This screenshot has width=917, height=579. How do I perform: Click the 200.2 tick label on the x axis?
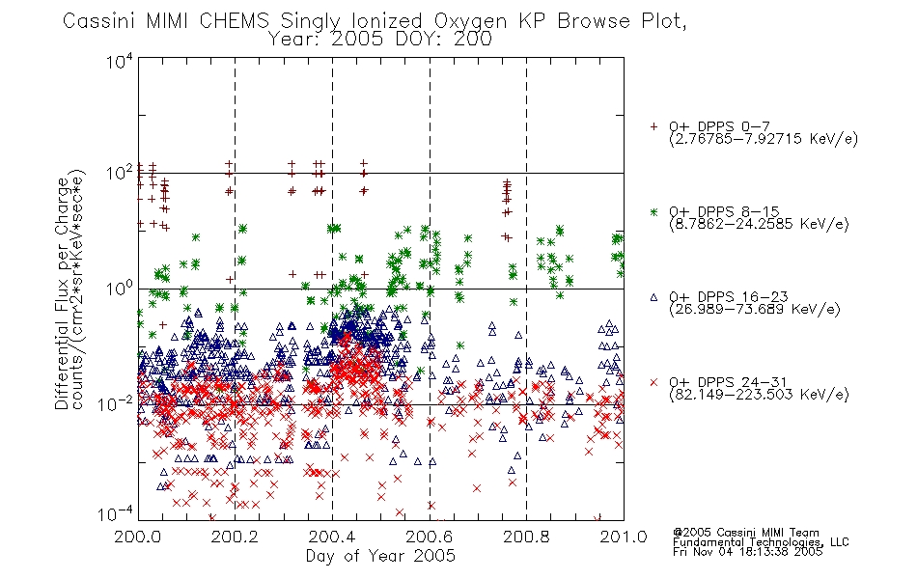(235, 537)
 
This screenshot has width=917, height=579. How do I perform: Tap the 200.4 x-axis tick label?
(332, 537)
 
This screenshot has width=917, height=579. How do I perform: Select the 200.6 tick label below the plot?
(430, 537)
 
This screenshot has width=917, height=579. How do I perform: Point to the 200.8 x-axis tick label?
(526, 537)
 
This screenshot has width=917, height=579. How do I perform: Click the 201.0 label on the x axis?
(624, 537)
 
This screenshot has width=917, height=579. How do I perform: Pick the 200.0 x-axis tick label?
(137, 537)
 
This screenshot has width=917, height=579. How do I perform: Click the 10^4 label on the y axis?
(119, 61)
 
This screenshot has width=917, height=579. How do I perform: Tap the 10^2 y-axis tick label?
(119, 173)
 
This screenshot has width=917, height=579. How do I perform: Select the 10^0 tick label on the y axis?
(119, 289)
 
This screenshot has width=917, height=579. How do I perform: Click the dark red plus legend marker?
(653, 126)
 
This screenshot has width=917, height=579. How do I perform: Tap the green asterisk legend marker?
(653, 211)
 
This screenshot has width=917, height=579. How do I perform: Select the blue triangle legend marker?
(653, 297)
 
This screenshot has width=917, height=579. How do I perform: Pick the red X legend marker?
(653, 382)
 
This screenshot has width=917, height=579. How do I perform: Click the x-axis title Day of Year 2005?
(380, 556)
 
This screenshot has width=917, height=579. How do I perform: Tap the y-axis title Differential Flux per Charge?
(62, 293)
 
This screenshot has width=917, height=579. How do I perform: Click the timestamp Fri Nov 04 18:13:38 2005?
(747, 552)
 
